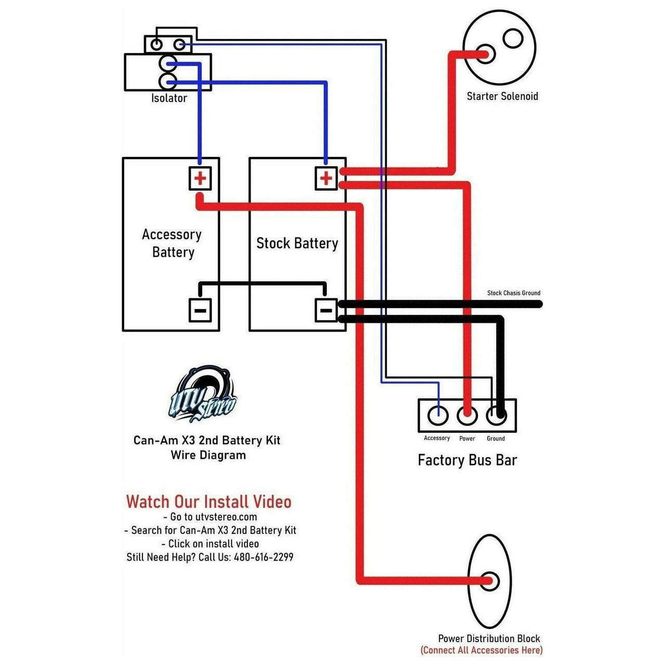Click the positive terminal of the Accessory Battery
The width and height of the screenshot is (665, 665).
tap(200, 179)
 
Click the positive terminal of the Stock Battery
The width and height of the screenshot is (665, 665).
tap(326, 179)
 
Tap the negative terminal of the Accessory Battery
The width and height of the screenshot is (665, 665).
tap(200, 311)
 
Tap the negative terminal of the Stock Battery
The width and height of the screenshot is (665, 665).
tap(326, 311)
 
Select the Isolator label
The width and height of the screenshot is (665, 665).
tap(169, 98)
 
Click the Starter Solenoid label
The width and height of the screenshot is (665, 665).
tap(502, 96)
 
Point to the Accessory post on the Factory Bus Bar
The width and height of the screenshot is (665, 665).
tap(438, 415)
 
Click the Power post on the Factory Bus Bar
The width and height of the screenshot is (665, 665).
tap(467, 415)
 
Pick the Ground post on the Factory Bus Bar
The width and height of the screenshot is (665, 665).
tap(496, 415)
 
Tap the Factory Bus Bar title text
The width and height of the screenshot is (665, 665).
tap(467, 460)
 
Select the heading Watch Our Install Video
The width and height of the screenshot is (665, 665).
tap(208, 502)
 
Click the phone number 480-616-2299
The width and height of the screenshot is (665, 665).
tap(263, 557)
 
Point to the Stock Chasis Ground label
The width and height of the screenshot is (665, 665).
tap(513, 293)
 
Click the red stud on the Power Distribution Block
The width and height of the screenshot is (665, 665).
tap(489, 581)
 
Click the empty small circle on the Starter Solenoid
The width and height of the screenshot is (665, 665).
tap(513, 38)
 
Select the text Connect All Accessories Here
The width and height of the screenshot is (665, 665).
tap(481, 650)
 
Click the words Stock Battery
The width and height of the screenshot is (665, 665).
tap(297, 243)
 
